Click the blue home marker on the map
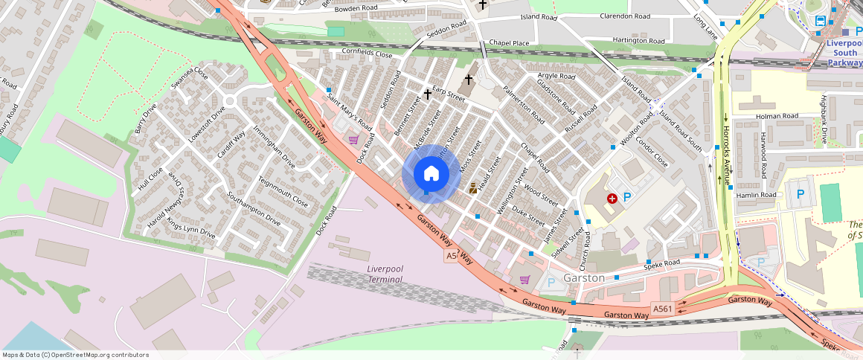click(431, 175)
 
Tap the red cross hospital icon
click(612, 199)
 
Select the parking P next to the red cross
click(627, 197)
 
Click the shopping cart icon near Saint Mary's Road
click(353, 139)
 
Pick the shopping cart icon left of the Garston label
click(524, 280)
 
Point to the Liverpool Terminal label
click(385, 274)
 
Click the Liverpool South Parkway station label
click(844, 53)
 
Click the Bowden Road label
click(356, 8)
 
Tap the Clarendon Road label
click(624, 16)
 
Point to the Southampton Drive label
click(254, 210)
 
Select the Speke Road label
click(662, 263)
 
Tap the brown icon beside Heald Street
click(472, 190)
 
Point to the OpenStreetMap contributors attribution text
click(75, 355)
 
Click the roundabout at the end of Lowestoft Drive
click(229, 101)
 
